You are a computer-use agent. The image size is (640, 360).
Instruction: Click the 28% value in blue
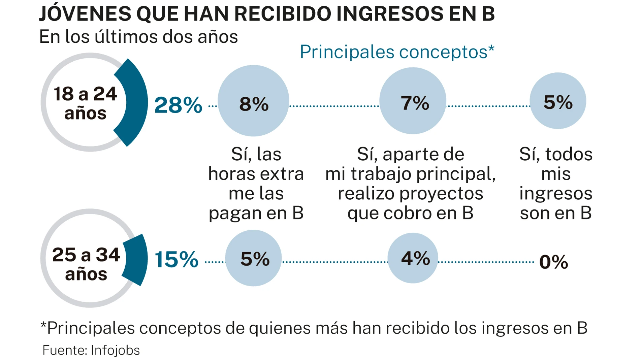tap(178, 105)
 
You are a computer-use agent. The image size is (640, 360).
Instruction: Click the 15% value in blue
tap(177, 260)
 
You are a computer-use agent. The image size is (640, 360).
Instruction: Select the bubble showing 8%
tap(253, 101)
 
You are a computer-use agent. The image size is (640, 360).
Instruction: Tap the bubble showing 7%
tap(413, 101)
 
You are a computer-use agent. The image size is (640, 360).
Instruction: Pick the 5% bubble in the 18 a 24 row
tap(558, 101)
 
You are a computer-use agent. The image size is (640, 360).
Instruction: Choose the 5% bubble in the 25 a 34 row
tap(253, 258)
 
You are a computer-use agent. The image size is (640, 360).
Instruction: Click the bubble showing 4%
tap(413, 258)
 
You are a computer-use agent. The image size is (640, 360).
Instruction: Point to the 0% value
tap(553, 262)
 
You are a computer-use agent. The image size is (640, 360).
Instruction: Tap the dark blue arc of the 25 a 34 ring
tap(136, 259)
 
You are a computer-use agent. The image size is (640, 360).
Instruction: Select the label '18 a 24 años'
tap(85, 103)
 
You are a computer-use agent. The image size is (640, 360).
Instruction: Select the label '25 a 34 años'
tap(86, 264)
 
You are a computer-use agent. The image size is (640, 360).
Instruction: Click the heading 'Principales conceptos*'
tap(397, 52)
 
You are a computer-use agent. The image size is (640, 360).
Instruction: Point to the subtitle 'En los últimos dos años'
tap(138, 37)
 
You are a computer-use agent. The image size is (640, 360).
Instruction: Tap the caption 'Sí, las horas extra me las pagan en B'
tap(256, 184)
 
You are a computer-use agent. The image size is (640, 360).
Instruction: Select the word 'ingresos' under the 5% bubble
tap(555, 194)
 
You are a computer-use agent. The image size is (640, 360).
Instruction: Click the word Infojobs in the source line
tap(115, 350)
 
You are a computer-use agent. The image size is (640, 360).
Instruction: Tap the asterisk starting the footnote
tap(43, 325)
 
